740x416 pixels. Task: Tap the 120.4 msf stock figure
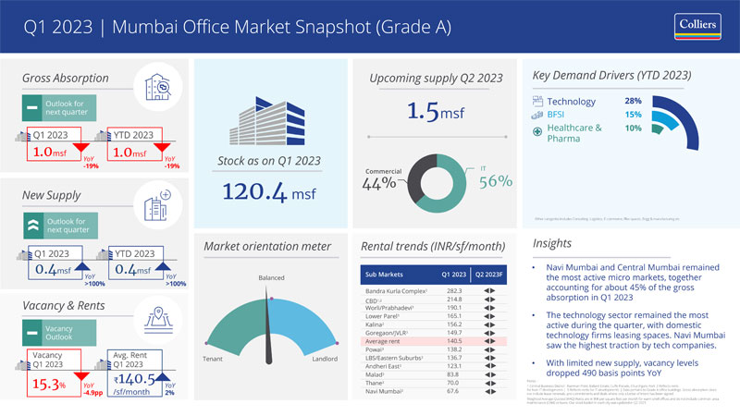click(x=270, y=192)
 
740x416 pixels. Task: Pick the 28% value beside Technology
click(x=633, y=101)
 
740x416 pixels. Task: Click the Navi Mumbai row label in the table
click(x=387, y=390)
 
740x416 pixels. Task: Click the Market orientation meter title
click(x=268, y=246)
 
